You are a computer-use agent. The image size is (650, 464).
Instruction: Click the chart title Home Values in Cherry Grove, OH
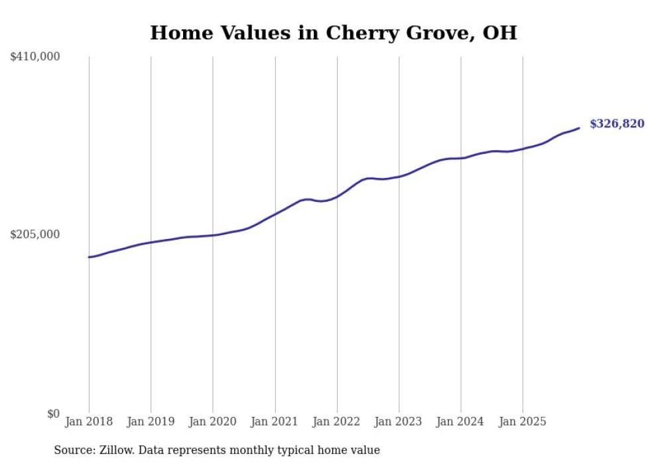tap(333, 33)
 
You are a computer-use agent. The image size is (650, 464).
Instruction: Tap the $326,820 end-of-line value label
tap(616, 123)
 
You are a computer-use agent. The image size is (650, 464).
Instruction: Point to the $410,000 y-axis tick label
tap(35, 57)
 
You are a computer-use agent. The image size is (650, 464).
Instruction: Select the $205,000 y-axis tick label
tap(35, 234)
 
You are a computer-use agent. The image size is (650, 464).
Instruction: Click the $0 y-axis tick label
tap(53, 414)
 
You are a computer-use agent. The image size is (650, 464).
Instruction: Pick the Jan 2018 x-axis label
tap(89, 422)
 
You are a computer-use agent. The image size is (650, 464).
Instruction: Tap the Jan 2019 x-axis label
tap(151, 422)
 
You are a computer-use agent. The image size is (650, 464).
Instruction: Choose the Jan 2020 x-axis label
tap(213, 422)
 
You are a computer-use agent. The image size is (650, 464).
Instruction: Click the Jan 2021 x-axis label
tap(275, 422)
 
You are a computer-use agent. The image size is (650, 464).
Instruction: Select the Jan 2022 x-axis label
tap(337, 422)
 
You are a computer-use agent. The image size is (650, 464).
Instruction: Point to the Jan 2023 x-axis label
tap(399, 422)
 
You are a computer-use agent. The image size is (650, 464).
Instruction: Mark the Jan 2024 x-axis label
tap(461, 422)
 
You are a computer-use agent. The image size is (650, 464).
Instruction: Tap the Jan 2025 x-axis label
tap(523, 422)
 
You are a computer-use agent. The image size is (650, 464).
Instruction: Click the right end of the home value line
tap(579, 128)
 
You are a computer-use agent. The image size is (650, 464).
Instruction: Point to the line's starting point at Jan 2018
tap(89, 257)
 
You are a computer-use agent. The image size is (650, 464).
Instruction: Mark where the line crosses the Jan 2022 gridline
tap(337, 196)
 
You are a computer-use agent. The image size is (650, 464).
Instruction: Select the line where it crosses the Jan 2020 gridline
tap(213, 235)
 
